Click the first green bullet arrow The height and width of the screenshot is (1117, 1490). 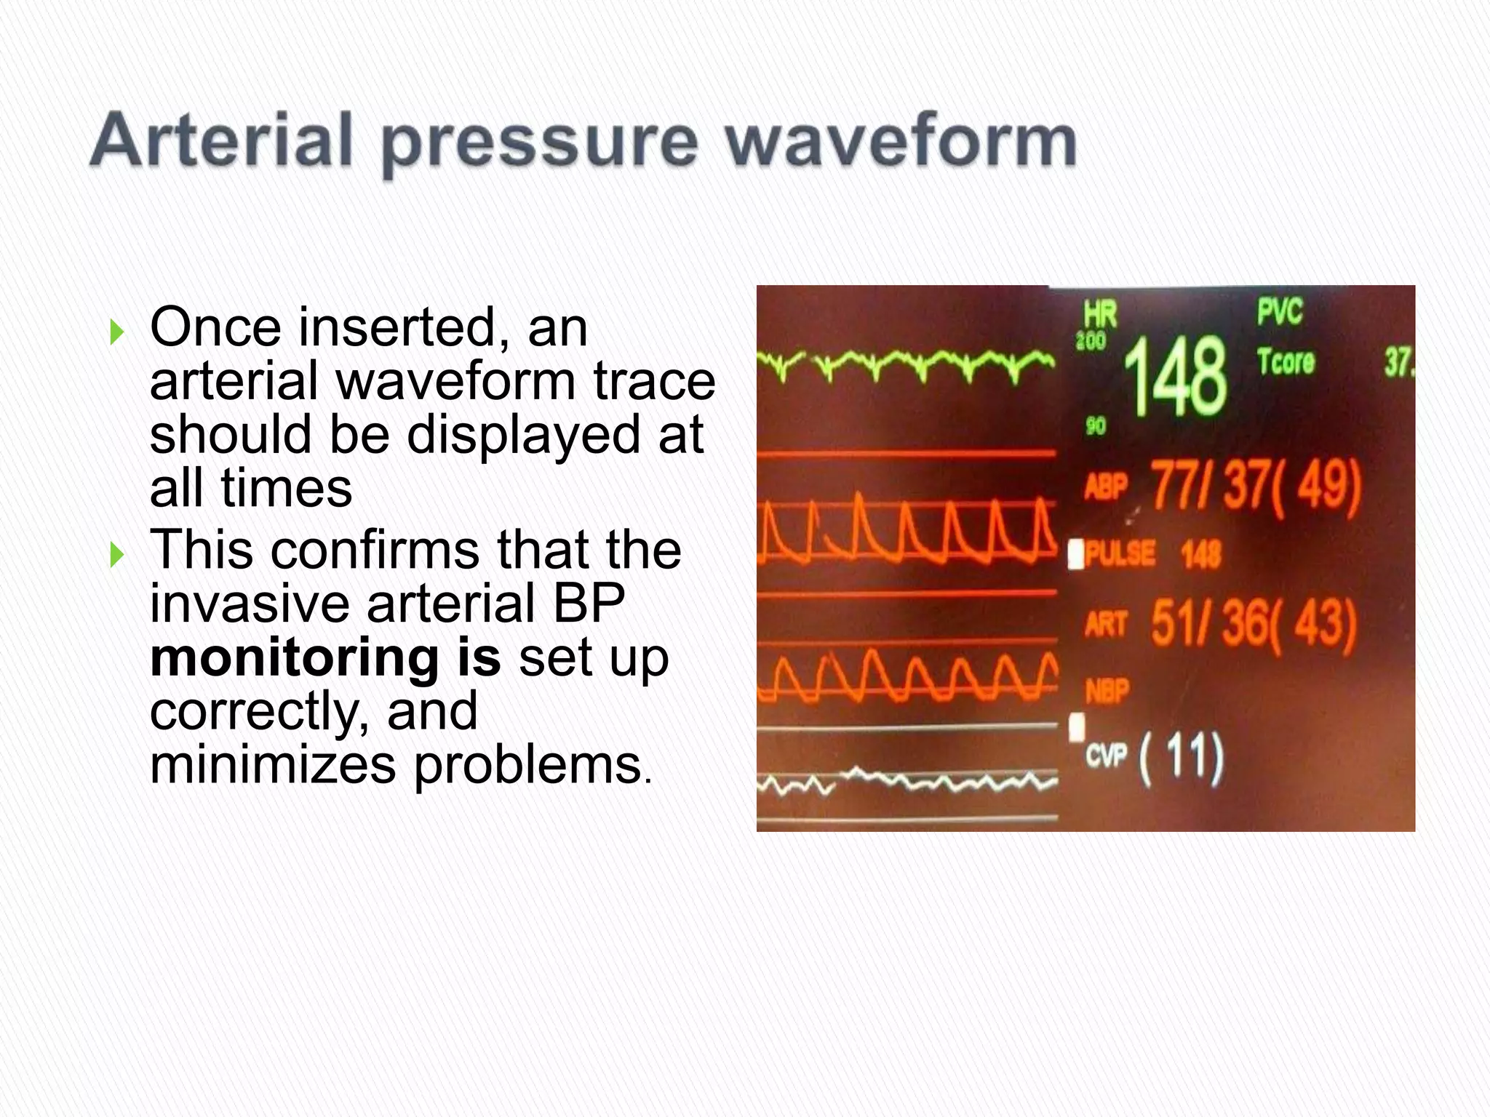click(116, 333)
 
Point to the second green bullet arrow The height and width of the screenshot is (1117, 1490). click(116, 556)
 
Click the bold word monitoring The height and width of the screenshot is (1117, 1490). click(293, 657)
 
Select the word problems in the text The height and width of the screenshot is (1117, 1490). click(528, 765)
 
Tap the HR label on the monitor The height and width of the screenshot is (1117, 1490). click(1100, 314)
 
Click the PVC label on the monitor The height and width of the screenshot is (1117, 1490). click(1280, 311)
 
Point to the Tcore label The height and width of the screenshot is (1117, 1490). click(1286, 361)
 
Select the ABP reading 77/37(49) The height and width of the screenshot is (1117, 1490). click(1255, 486)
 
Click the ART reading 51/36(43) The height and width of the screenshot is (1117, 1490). click(1253, 624)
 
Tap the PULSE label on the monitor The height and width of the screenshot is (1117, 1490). click(1120, 554)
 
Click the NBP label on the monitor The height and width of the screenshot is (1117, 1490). click(1107, 691)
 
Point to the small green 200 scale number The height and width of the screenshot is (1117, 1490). click(1091, 340)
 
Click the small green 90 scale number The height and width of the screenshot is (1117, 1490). click(1095, 425)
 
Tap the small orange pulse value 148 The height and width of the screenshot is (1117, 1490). click(1201, 555)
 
